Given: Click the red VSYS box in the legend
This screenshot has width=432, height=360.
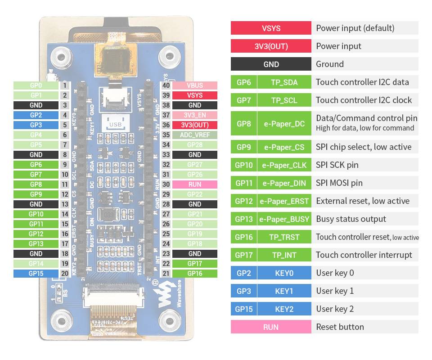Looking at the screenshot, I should tap(271, 28).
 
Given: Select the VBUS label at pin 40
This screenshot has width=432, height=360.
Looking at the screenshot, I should tap(195, 85).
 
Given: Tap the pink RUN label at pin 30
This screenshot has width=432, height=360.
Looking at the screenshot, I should tap(195, 184).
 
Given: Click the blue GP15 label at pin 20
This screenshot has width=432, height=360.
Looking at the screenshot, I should tap(36, 273).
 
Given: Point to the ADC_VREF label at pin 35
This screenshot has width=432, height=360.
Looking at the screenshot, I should tap(195, 135).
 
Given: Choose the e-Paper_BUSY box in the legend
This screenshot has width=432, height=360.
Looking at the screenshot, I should tap(284, 219).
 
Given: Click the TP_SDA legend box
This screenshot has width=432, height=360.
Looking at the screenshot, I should tap(284, 82).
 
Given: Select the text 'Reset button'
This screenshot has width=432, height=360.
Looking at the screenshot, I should tap(340, 327).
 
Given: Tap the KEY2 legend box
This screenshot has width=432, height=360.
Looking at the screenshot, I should tap(284, 309).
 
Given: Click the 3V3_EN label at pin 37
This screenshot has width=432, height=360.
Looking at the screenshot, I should tap(195, 115).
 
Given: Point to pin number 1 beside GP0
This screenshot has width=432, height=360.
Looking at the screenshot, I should tap(65, 85).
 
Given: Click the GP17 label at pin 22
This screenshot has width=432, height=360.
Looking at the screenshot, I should tap(195, 264).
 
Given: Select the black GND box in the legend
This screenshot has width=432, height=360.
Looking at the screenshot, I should tap(271, 64).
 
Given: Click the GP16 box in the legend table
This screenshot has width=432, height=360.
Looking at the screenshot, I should tap(243, 237).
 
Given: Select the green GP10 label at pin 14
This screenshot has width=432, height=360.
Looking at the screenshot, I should tap(36, 214).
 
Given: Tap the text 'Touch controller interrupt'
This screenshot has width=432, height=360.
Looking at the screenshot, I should tap(364, 255).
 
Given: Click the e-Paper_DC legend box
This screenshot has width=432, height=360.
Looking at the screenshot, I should tap(284, 123).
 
